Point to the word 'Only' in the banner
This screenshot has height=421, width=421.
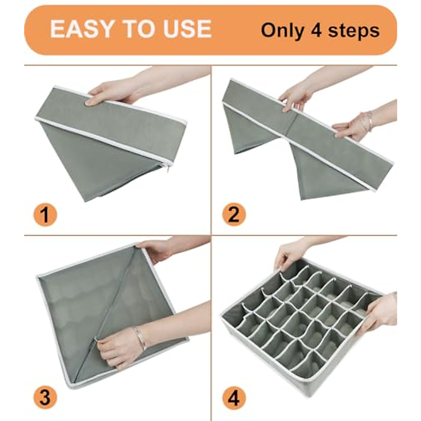pyautogui.click(x=282, y=31)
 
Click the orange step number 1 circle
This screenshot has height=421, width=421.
pyautogui.click(x=45, y=215)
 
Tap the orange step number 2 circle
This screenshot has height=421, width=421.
pyautogui.click(x=234, y=215)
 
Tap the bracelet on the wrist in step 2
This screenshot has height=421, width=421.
pyautogui.click(x=367, y=121)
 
